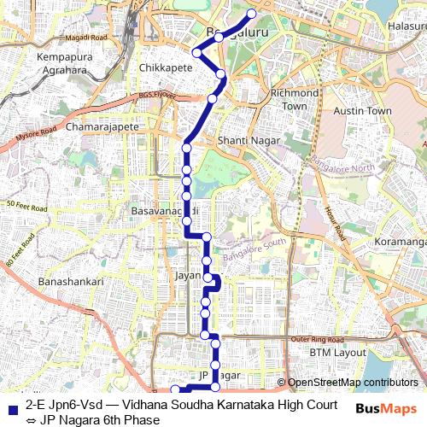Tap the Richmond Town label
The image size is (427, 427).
point(293,99)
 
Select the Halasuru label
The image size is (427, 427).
point(407,26)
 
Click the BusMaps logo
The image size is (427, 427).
point(387,408)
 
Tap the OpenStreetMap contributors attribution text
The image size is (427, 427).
point(353,383)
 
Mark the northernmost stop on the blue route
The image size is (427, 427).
point(251,14)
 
